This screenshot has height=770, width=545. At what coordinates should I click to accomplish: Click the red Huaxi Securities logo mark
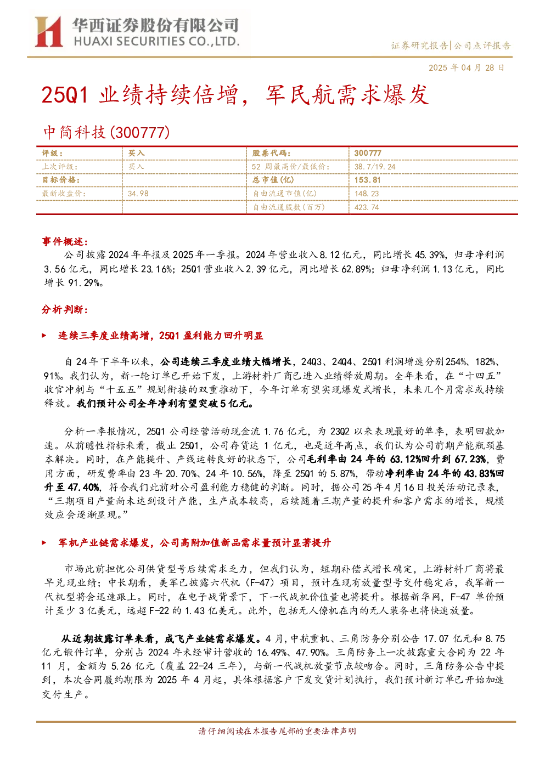tap(48, 31)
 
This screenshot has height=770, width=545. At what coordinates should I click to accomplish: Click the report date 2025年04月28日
tap(466, 67)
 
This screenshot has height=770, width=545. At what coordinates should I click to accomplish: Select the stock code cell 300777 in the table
tap(368, 154)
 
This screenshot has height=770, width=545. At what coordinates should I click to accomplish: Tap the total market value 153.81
tap(368, 180)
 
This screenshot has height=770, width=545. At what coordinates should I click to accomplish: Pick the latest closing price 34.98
tap(138, 194)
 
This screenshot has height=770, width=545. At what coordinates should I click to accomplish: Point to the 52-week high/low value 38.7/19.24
tap(375, 167)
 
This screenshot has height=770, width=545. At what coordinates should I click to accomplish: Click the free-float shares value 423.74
tap(366, 207)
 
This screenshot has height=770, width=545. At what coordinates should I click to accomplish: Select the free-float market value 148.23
tap(367, 194)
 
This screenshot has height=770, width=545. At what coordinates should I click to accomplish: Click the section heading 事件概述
tap(65, 242)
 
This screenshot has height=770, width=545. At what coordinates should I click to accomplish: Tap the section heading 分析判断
tap(65, 310)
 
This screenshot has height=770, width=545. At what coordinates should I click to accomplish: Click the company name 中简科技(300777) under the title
tap(106, 132)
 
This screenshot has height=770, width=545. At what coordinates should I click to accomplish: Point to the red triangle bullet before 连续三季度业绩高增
tap(44, 336)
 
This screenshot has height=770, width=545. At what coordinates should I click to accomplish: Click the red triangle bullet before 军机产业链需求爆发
tap(44, 543)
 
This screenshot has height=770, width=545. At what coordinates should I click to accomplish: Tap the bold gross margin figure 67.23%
tap(470, 459)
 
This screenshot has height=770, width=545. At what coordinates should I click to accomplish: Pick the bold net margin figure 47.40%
tap(83, 487)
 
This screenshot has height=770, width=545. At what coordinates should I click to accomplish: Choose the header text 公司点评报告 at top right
tap(482, 46)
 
